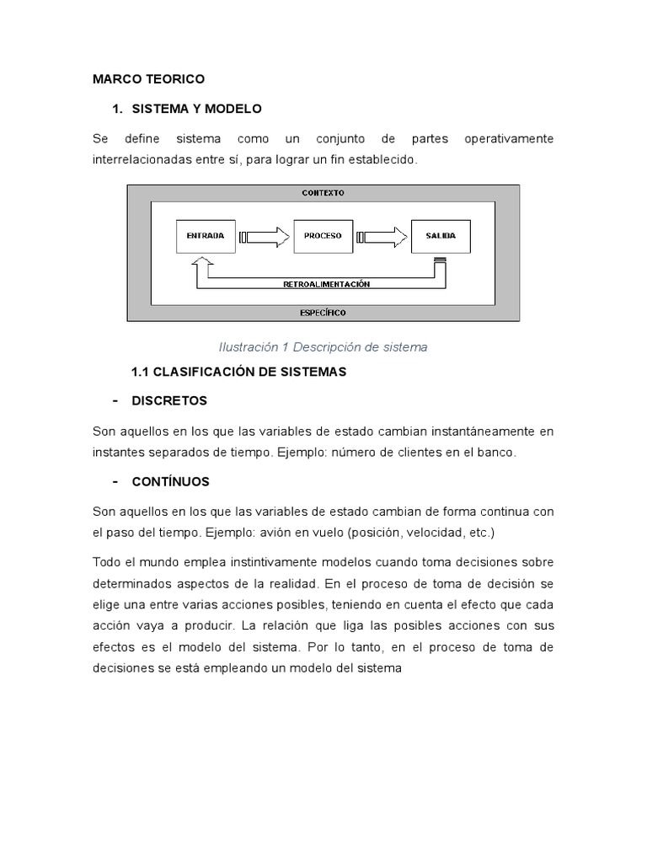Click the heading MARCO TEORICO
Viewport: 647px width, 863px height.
(148, 79)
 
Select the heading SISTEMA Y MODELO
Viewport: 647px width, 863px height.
(196, 109)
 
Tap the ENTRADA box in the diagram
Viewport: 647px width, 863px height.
(205, 236)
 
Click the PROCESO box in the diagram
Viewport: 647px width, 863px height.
(323, 236)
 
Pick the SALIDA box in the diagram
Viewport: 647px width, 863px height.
(440, 236)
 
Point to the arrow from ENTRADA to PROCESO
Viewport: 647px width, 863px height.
(265, 237)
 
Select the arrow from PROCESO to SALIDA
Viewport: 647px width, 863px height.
(382, 237)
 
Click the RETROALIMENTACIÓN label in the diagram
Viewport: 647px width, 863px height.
(326, 284)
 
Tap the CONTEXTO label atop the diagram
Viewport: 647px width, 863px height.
(323, 193)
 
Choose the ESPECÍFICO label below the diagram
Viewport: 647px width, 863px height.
(323, 313)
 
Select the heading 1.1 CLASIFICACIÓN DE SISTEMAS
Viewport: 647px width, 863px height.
(238, 372)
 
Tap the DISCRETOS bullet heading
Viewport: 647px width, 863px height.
(169, 400)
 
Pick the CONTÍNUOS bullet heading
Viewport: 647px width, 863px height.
(171, 482)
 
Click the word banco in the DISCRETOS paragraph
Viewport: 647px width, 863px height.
(497, 453)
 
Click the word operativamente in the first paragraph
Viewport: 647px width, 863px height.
(509, 138)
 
